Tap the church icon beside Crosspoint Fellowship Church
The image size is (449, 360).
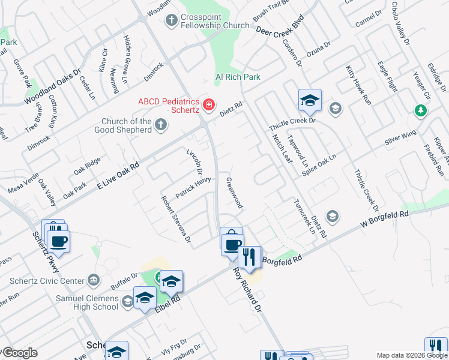coord(171,21)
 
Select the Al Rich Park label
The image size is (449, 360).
coord(238,77)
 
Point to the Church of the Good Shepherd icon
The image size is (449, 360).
coord(160,125)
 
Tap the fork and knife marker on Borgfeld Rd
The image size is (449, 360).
coord(249,257)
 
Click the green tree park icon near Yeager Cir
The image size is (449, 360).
coord(421,111)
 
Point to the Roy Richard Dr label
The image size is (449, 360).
coord(247,291)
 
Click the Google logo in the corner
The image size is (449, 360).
coord(19,353)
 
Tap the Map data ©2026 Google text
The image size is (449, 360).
coord(412,355)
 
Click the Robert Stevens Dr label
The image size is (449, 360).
coord(175,220)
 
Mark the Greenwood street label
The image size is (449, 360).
coord(234,193)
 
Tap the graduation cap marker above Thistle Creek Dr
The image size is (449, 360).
coord(310,100)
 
